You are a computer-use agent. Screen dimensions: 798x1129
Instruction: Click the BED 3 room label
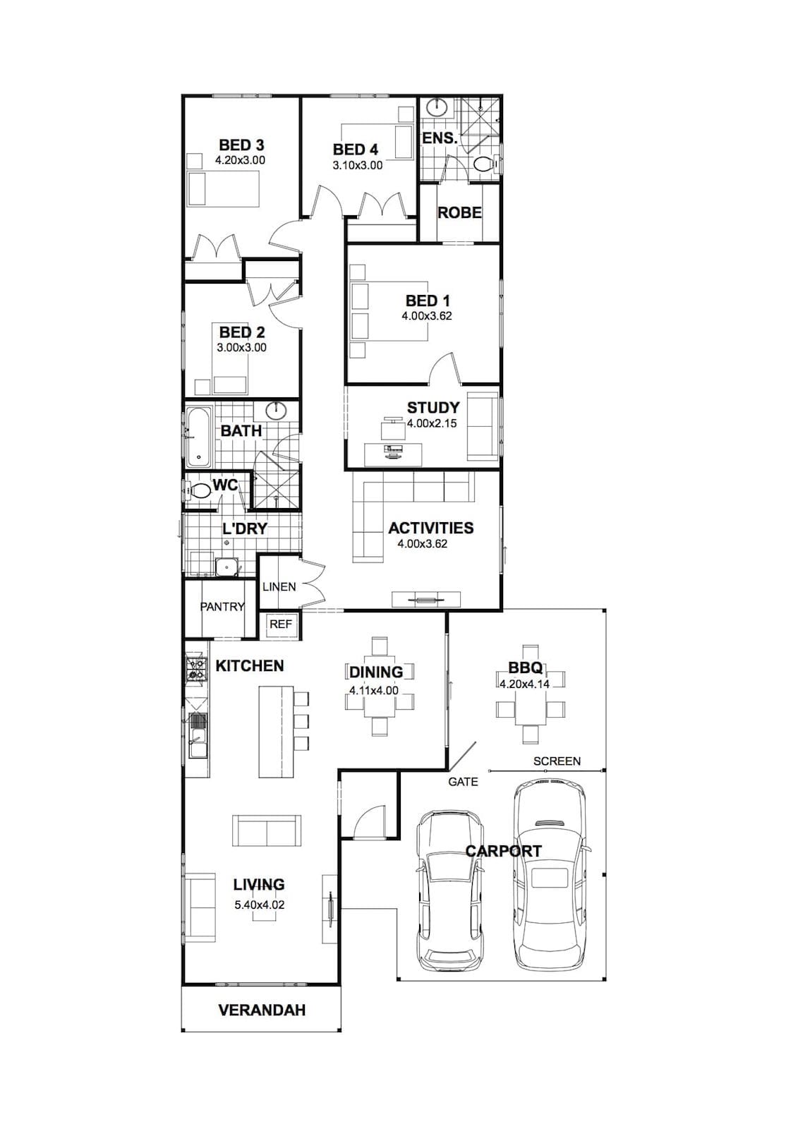[x=241, y=145]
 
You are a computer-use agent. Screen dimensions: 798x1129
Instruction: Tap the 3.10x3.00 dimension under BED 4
[x=358, y=165]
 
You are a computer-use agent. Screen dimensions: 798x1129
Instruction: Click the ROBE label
[x=459, y=212]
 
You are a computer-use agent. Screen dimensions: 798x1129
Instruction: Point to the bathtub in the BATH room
[x=198, y=437]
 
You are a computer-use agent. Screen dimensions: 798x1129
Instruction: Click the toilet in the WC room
[x=198, y=490]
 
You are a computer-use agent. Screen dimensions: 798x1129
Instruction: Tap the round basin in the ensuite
[x=437, y=107]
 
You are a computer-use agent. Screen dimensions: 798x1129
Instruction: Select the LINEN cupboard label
[x=279, y=586]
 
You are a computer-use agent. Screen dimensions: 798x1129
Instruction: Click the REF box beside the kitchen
[x=281, y=624]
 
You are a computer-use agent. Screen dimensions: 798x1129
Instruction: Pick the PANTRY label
[x=222, y=607]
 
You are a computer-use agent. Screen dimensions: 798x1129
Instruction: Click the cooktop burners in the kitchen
[x=196, y=669]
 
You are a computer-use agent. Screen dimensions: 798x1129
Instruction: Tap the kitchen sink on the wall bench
[x=198, y=735]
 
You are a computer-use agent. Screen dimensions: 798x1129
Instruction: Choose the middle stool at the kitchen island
[x=301, y=720]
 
